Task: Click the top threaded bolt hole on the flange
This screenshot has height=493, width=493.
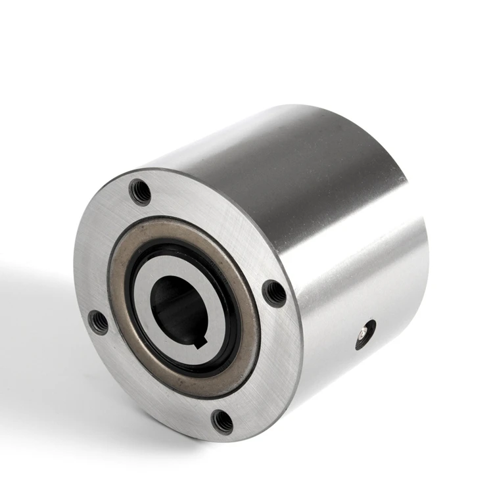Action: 140,191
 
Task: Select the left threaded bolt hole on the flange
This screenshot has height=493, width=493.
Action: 99,321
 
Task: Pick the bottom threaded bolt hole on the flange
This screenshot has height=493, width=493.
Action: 223,421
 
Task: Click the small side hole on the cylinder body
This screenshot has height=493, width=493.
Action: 365,334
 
